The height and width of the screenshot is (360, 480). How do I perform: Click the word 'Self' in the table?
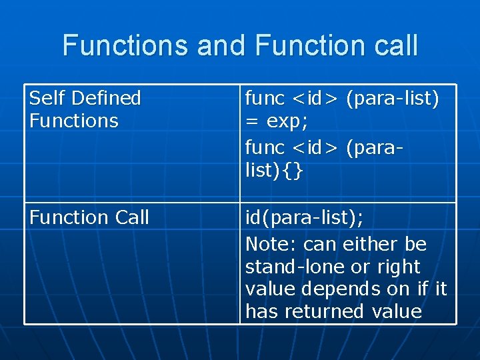45,99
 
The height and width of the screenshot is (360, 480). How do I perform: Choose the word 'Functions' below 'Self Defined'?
74,121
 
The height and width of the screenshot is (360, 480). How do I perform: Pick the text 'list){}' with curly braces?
275,170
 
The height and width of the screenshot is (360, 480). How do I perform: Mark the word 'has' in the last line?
261,311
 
